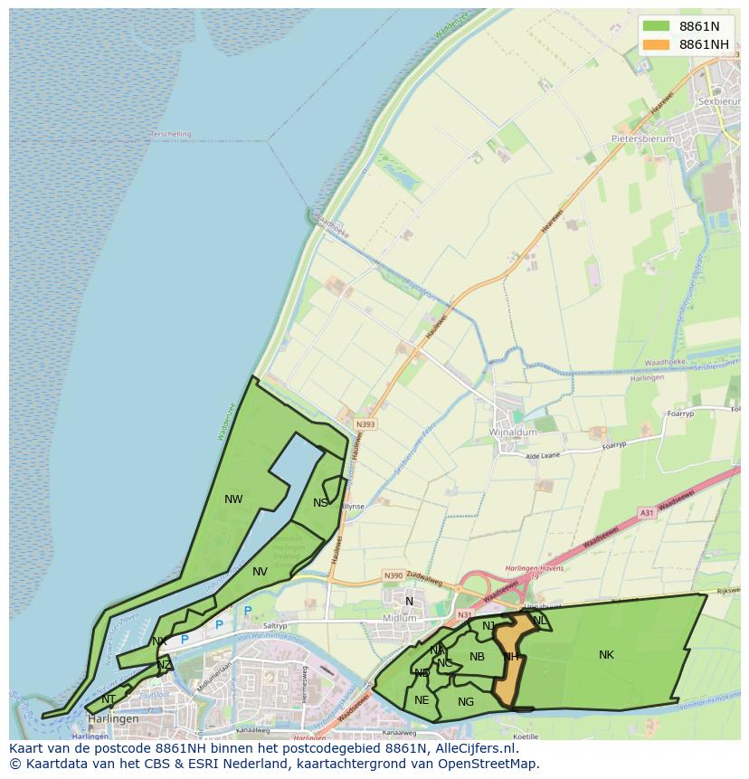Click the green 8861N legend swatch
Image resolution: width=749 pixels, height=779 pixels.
656,25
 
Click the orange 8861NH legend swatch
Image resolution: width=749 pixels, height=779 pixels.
656,44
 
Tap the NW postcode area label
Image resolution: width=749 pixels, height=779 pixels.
233,499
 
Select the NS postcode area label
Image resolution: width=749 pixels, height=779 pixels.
320,503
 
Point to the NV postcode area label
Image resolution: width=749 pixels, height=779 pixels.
260,571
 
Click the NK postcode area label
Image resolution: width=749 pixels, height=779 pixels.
606,654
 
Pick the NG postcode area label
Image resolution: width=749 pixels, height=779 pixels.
466,701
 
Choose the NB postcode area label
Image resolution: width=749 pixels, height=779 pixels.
478,657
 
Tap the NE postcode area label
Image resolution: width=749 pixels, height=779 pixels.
422,699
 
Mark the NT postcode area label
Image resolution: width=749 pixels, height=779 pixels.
109,698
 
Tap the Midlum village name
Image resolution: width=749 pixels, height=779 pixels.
400,618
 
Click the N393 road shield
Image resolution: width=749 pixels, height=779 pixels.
365,423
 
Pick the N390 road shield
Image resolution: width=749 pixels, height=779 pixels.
393,575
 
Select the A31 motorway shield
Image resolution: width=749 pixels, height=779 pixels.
646,513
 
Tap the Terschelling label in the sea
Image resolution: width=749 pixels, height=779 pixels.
170,134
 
